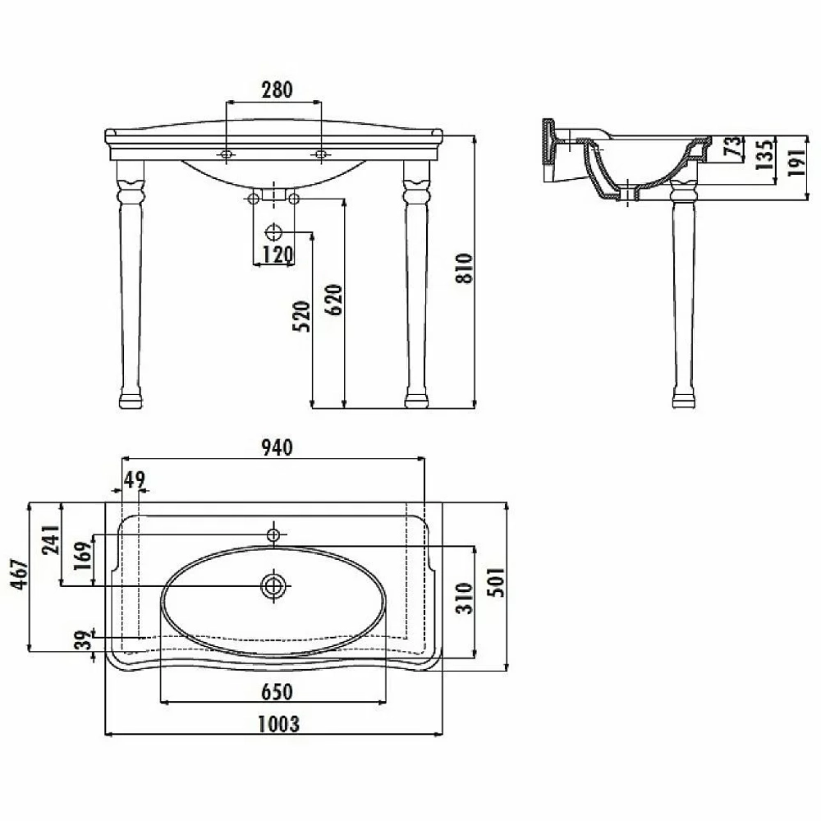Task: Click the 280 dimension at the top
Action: point(277,90)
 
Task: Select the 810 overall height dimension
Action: point(464,268)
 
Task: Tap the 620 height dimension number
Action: point(333,300)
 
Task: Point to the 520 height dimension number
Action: point(301,316)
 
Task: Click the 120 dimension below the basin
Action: point(277,255)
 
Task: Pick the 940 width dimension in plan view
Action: point(277,448)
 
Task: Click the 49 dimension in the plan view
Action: point(135,479)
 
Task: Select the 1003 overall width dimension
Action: point(278,725)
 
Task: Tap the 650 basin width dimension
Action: point(277,692)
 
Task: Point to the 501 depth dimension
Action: point(497,582)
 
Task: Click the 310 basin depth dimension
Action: point(464,598)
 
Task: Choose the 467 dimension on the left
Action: point(21,575)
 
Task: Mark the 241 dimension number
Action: point(51,540)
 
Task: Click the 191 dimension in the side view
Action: point(796,163)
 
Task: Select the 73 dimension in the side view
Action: point(733,145)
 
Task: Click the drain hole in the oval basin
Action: point(273,586)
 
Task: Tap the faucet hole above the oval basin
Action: point(273,535)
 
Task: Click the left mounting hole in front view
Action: point(227,154)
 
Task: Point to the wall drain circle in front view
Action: point(273,232)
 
